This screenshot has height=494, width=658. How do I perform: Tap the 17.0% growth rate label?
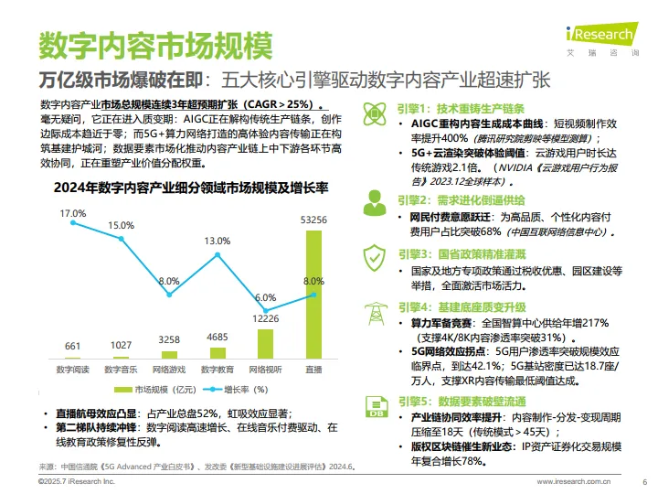coord(72,213)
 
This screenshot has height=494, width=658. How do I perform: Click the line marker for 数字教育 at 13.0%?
coord(217,257)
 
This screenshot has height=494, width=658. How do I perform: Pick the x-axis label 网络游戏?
coord(169,370)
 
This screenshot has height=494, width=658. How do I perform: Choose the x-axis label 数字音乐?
coord(121,370)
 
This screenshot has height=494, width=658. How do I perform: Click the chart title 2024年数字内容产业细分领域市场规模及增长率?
coord(191,188)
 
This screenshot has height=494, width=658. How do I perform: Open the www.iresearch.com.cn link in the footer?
coord(574,481)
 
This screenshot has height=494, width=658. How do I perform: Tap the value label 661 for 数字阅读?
coord(72,345)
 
